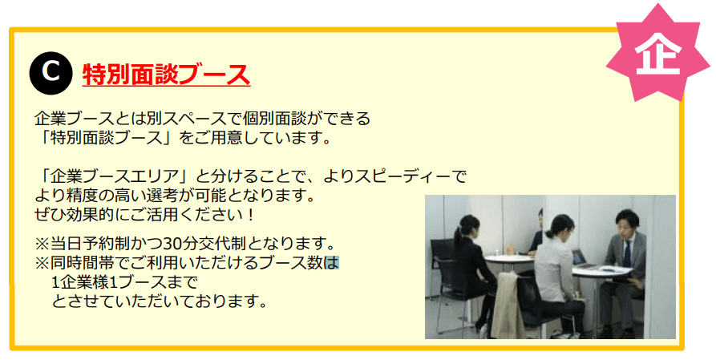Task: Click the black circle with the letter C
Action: [51, 73]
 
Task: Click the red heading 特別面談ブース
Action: [166, 74]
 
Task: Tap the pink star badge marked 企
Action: [657, 53]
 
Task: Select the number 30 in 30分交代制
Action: [172, 244]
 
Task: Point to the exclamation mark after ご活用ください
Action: [249, 214]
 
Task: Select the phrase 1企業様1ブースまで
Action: [125, 282]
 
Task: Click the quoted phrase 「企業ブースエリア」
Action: [116, 176]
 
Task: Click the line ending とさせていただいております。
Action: [159, 301]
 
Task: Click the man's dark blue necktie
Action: [628, 253]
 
